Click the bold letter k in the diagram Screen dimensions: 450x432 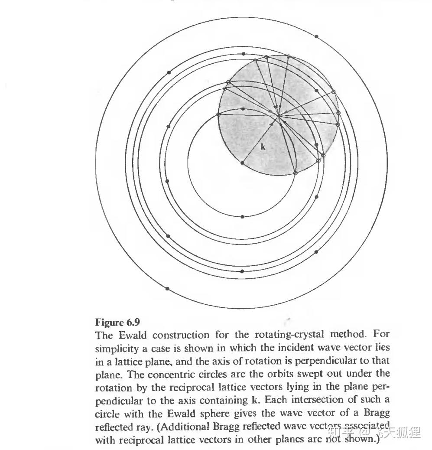[x=263, y=147]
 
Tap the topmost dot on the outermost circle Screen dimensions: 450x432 [x=317, y=36]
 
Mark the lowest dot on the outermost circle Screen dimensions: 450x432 [x=167, y=289]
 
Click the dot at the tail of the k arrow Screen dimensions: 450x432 [x=242, y=163]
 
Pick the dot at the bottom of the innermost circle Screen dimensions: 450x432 [x=242, y=216]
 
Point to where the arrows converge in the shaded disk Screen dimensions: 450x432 [x=278, y=115]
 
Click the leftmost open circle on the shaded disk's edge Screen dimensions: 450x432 [x=218, y=114]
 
